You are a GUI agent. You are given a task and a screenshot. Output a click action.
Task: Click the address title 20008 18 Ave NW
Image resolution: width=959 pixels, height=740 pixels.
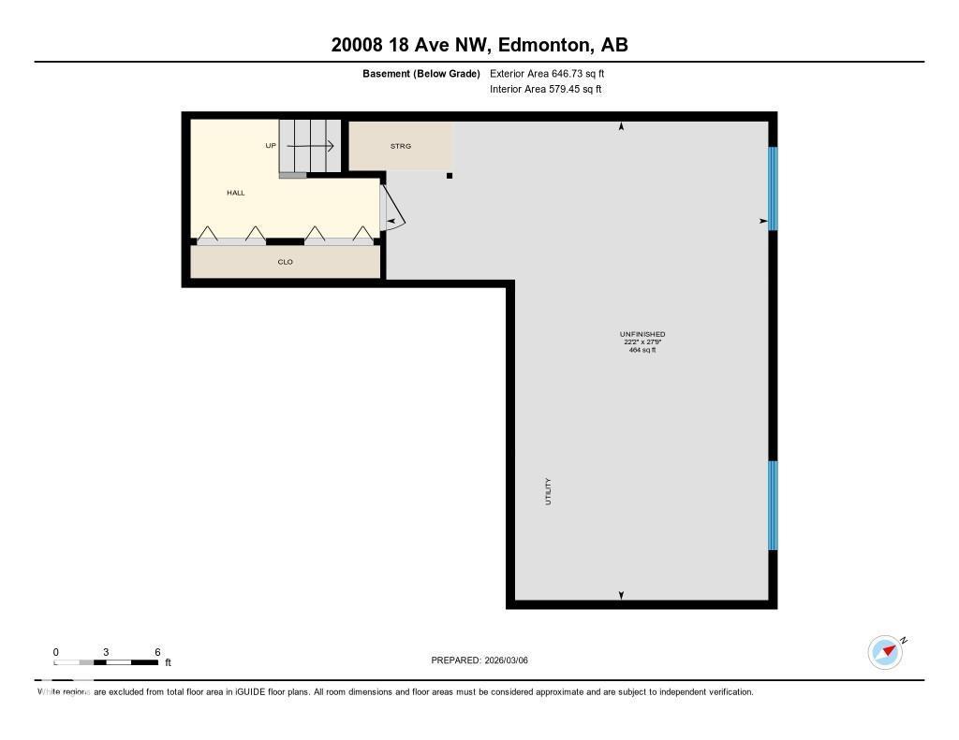pos(479,45)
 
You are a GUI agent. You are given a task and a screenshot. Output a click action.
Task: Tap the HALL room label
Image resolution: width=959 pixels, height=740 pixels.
pos(235,193)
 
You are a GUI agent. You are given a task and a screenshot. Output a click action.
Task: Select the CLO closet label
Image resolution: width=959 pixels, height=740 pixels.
pos(286,262)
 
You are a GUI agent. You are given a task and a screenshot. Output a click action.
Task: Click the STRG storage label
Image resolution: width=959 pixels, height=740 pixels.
pos(401,146)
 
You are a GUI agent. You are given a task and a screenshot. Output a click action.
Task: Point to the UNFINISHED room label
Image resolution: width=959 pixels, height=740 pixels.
pos(642,334)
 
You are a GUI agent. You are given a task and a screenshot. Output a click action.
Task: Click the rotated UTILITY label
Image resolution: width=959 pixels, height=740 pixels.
pos(548,491)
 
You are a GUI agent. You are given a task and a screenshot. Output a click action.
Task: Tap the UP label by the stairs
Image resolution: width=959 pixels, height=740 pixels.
pos(271,146)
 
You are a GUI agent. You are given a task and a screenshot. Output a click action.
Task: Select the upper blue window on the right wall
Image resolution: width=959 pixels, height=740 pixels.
pos(773,188)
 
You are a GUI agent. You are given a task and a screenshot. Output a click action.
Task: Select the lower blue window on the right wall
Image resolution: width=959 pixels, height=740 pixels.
pos(773,505)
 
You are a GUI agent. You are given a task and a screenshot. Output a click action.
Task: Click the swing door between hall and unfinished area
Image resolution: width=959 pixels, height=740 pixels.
pos(392,210)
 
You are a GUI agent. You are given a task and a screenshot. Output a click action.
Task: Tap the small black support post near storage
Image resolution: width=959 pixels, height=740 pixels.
pos(450,175)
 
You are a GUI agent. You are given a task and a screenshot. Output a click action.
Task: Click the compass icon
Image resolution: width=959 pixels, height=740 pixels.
pos(885,652)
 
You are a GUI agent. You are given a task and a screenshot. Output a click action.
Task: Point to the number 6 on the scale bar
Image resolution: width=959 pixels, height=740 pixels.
pos(157,652)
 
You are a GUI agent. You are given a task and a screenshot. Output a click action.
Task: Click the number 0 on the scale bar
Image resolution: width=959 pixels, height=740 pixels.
pos(55,652)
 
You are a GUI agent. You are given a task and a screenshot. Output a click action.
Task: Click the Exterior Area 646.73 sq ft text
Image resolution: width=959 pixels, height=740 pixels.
pos(553,73)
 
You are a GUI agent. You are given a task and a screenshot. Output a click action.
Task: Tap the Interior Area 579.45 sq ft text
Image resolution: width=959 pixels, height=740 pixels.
pos(545,90)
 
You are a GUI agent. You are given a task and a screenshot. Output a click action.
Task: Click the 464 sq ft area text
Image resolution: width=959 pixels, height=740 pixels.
pos(642,350)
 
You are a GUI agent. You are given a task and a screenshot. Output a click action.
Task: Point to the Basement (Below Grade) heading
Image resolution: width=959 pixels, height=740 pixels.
pos(421,73)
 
